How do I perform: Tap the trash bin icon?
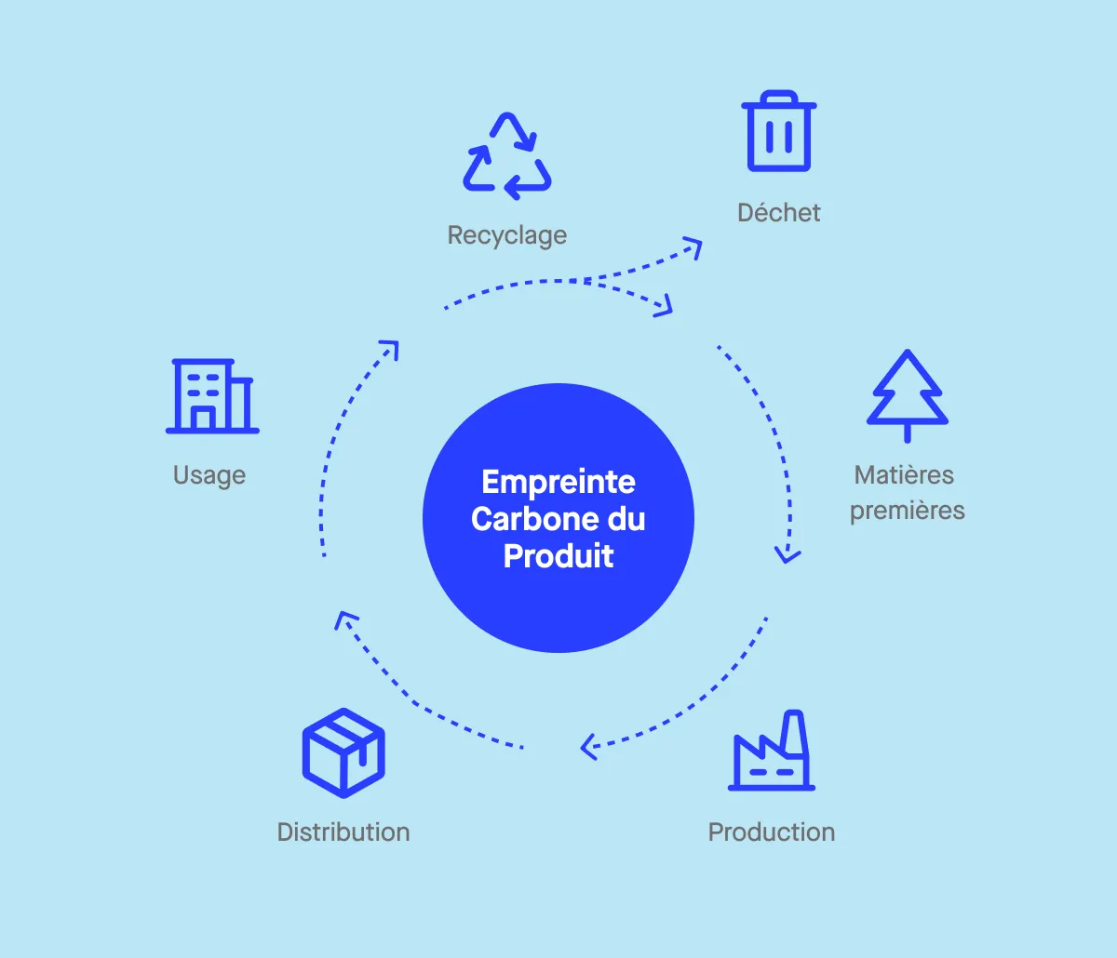coord(779,132)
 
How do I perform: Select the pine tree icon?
coord(908,391)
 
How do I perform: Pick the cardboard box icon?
coord(343,752)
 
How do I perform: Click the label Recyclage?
coord(507,235)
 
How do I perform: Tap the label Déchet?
coord(779,213)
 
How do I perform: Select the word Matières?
coord(904,475)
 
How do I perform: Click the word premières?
coord(908,511)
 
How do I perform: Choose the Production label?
coord(772,832)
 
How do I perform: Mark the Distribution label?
coord(343,832)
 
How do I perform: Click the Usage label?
coord(209,475)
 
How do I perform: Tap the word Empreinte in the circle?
coord(558,482)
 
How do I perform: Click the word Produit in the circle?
coord(558,556)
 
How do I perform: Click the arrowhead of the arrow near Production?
coord(587,747)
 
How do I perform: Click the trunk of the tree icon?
coord(908,432)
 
